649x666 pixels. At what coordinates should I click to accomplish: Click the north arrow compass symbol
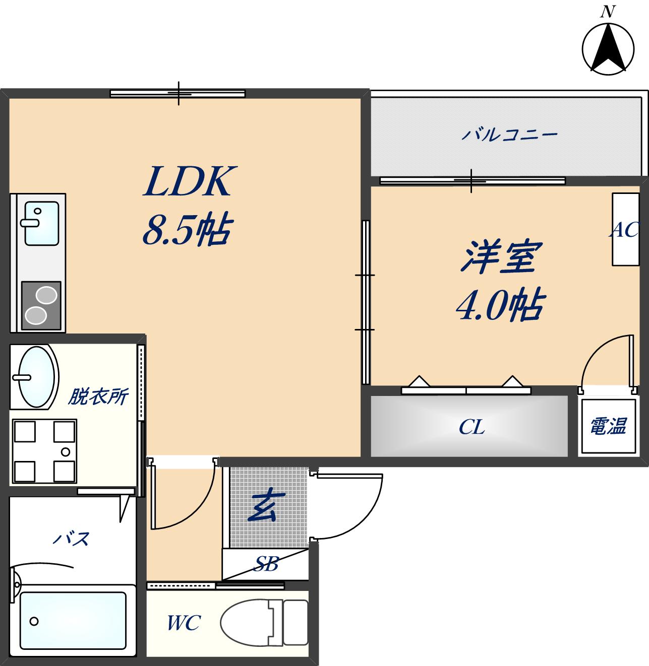[608, 49]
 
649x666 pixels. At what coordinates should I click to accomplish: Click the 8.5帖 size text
[186, 231]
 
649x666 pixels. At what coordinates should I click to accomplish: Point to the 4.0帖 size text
[499, 305]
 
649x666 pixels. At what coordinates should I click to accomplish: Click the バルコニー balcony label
[509, 135]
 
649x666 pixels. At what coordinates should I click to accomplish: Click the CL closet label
[471, 428]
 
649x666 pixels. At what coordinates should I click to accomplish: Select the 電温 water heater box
[608, 426]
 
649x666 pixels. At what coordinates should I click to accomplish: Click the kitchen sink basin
[41, 223]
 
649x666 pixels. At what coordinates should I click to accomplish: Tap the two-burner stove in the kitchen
[41, 305]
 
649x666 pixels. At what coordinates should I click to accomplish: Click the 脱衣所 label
[98, 397]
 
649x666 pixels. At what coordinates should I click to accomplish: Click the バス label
[72, 539]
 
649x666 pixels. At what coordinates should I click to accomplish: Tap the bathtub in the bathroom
[73, 621]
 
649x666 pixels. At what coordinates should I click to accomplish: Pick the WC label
[184, 624]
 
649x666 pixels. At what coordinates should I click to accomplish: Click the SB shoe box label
[265, 564]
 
